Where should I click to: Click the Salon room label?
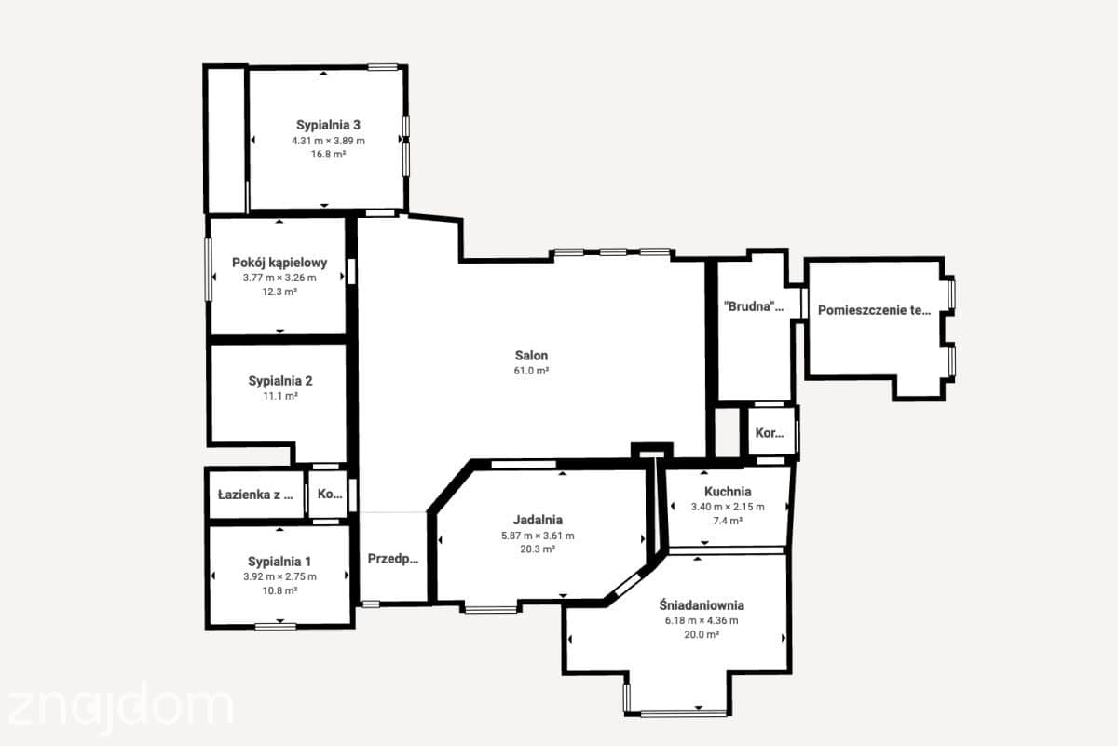coord(531,355)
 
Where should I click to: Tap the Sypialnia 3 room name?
coord(328,125)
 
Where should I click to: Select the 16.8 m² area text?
coord(328,155)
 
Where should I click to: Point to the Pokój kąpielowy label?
coord(279,263)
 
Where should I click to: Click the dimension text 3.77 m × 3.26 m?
coord(279,278)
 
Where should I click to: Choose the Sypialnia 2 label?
coord(280,381)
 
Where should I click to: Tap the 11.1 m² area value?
coord(280,396)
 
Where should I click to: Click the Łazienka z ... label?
coord(255,495)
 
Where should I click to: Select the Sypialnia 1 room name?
coord(279,562)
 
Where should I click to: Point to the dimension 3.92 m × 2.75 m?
coord(279,576)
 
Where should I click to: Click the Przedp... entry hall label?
coord(393,559)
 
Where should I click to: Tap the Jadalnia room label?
coord(538,520)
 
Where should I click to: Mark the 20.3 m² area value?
coord(538,549)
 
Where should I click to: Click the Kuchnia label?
coord(728,492)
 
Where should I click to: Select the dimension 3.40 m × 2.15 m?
coord(728,507)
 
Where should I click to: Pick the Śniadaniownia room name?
coord(702,605)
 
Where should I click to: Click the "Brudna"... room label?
coord(754,306)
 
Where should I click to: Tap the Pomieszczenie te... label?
coord(874,310)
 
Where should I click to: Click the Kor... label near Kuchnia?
coord(770,433)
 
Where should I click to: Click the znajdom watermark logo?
coord(120,707)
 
